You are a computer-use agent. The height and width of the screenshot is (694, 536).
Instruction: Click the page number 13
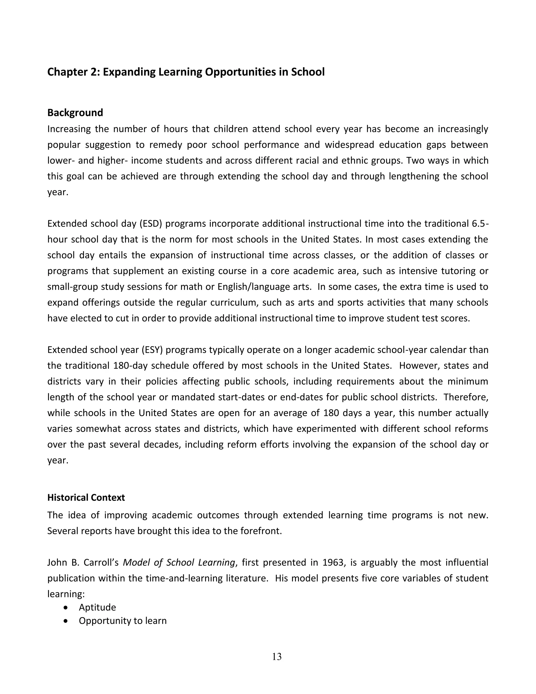pos(277,657)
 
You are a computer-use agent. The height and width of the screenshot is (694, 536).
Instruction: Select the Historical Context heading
pos(86,497)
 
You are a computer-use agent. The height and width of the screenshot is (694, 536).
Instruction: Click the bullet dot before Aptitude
pos(66,608)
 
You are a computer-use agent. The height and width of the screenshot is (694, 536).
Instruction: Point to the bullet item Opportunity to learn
pos(122,621)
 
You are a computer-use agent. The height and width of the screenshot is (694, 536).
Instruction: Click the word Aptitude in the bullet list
pos(97,608)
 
